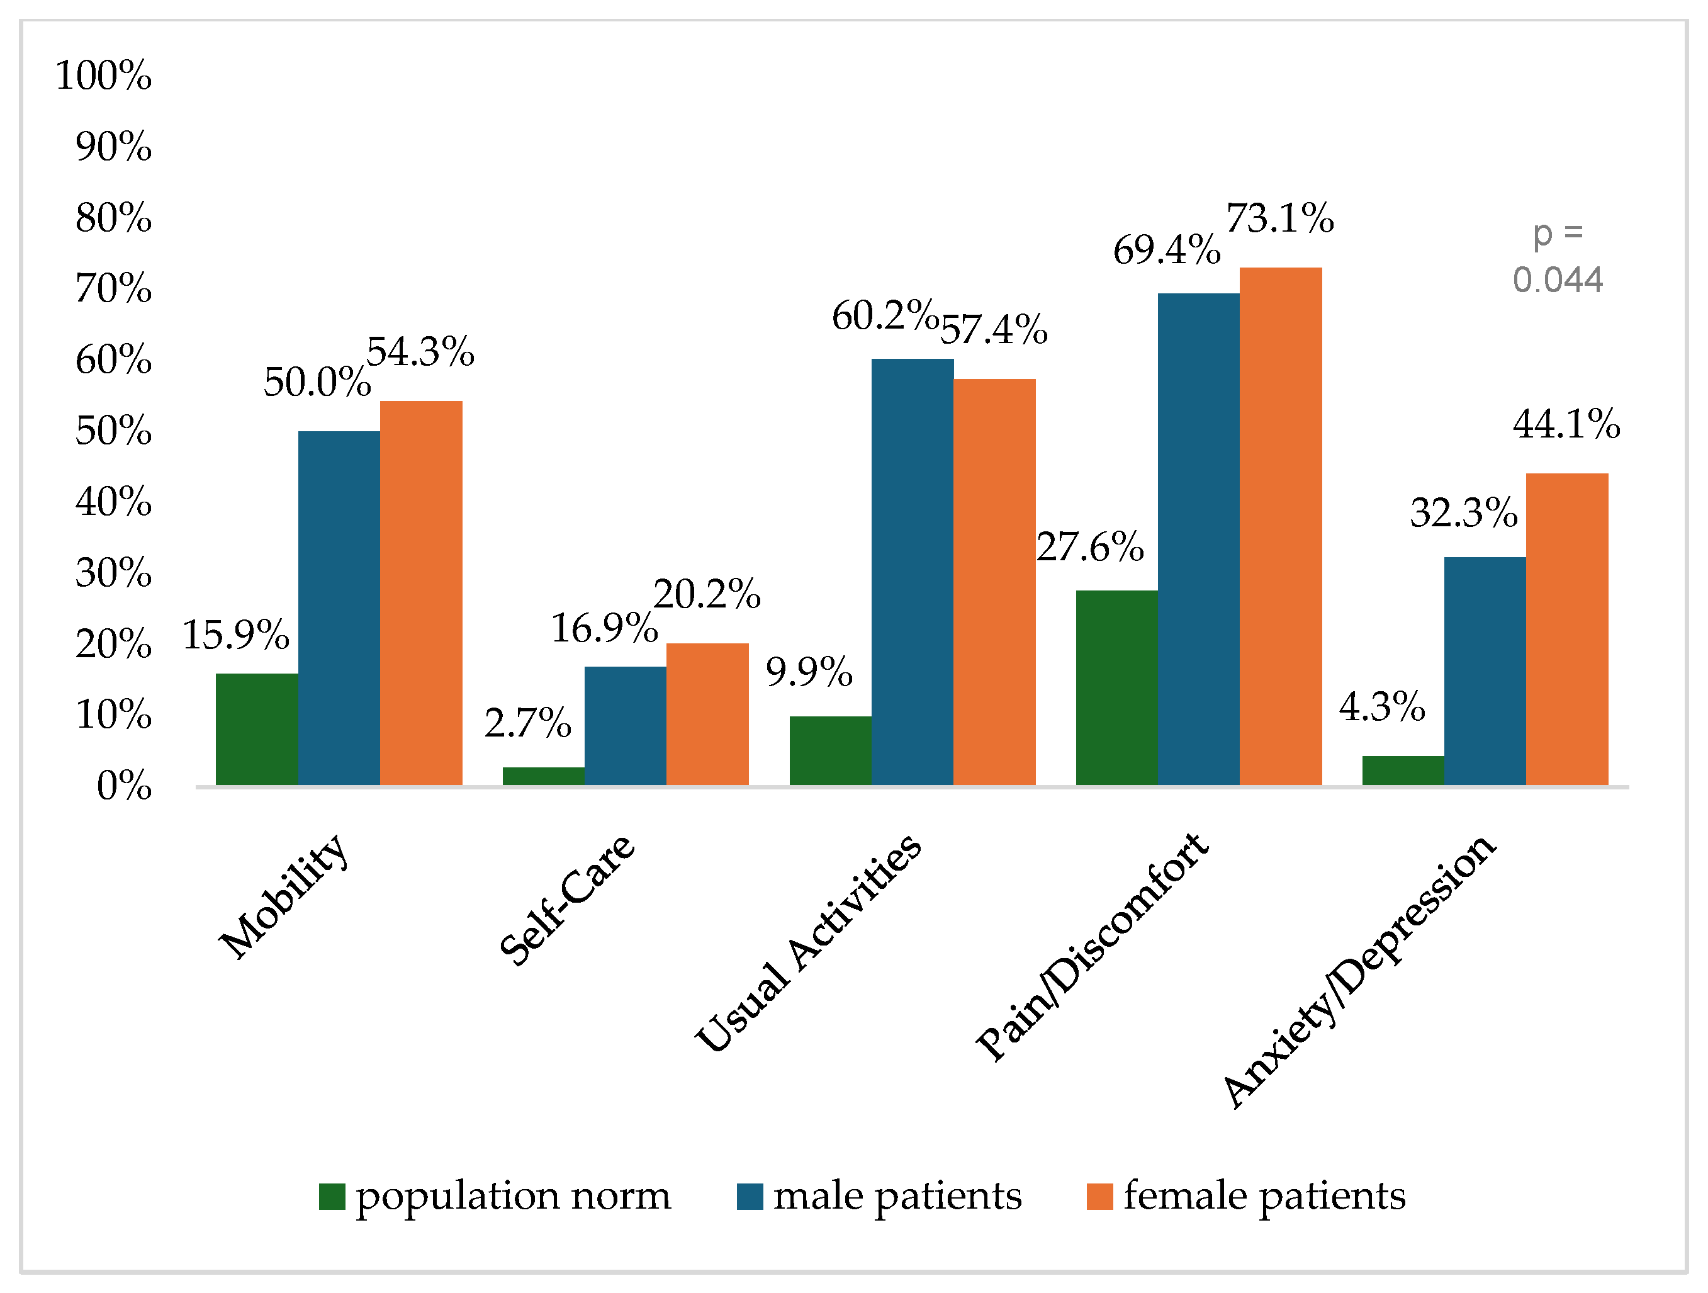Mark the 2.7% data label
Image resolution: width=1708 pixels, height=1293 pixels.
click(527, 723)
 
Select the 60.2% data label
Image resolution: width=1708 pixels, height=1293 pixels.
click(885, 316)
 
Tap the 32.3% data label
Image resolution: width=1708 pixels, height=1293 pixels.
click(1463, 513)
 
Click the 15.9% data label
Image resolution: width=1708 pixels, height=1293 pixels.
click(235, 635)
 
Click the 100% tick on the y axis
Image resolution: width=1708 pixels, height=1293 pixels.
click(103, 76)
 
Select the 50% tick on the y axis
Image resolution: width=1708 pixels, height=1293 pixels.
click(113, 431)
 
